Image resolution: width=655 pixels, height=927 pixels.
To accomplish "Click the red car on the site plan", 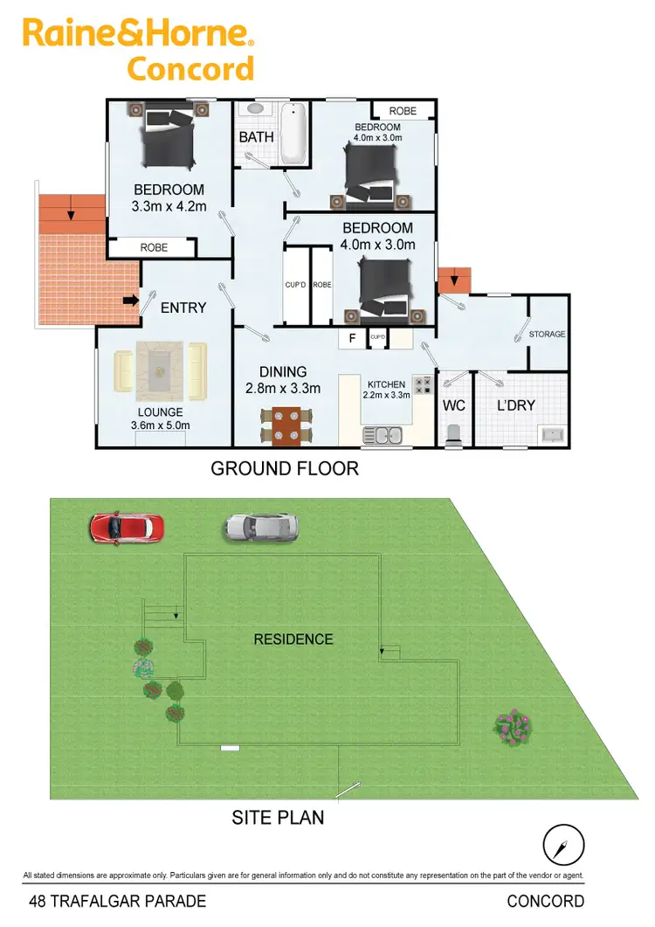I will pyautogui.click(x=127, y=528).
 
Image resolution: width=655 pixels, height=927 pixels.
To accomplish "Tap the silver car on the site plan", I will pyautogui.click(x=262, y=526).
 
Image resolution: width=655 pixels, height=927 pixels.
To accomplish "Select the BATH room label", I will pyautogui.click(x=256, y=137).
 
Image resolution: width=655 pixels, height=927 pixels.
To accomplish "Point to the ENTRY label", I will pyautogui.click(x=183, y=308).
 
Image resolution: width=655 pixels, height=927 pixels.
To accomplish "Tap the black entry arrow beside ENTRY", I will pyautogui.click(x=132, y=301).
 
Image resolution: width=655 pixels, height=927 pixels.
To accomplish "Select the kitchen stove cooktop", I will pyautogui.click(x=423, y=384).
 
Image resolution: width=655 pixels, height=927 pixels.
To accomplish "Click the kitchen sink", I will pyautogui.click(x=383, y=434).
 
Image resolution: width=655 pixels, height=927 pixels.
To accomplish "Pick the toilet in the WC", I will pyautogui.click(x=453, y=435).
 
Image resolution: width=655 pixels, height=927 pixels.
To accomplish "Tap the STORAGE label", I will pyautogui.click(x=548, y=334).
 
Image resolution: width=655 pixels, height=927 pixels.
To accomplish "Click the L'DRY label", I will pyautogui.click(x=515, y=405).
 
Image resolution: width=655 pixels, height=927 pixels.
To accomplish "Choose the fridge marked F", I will pyautogui.click(x=352, y=337).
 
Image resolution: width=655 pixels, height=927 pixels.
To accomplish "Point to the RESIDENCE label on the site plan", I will pyautogui.click(x=293, y=640).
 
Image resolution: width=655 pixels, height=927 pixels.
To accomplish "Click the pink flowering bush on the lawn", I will pyautogui.click(x=511, y=724).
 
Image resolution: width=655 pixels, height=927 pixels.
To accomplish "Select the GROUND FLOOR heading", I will pyautogui.click(x=285, y=468).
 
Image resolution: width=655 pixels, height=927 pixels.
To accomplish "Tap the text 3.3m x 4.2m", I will pyautogui.click(x=169, y=206).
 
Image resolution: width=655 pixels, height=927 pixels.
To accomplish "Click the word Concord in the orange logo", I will pyautogui.click(x=190, y=68).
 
